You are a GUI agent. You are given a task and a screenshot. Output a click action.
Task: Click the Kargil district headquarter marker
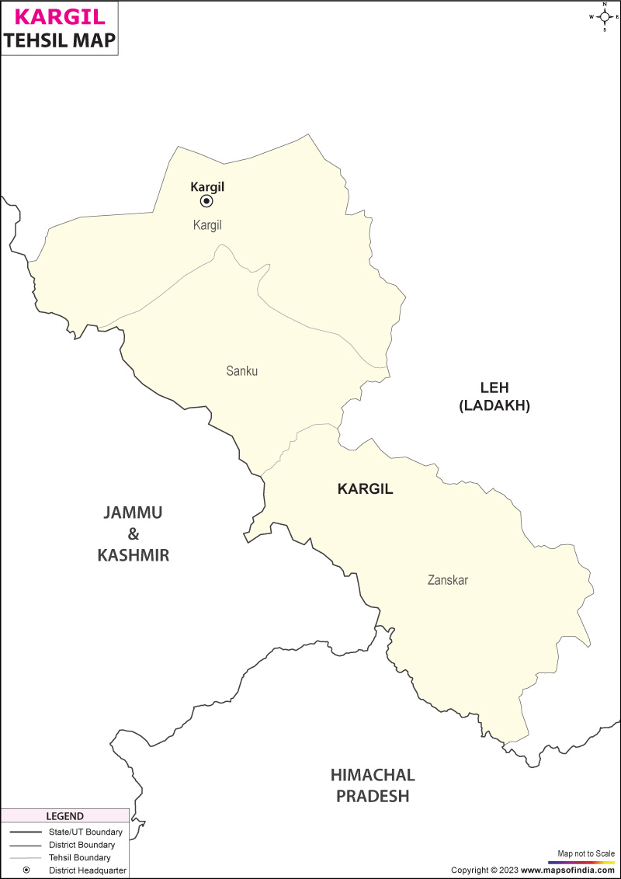pyautogui.click(x=206, y=201)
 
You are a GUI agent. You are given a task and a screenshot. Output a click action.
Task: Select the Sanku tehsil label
pyautogui.click(x=241, y=371)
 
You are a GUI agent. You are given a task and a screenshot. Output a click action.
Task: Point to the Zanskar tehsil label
pyautogui.click(x=448, y=580)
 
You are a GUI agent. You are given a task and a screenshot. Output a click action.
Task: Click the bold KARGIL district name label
pyautogui.click(x=366, y=489)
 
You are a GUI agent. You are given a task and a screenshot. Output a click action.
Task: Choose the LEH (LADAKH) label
pyautogui.click(x=494, y=396)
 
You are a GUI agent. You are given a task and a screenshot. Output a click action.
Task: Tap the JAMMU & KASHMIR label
pyautogui.click(x=133, y=533)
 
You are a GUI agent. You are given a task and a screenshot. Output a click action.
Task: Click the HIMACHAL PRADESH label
pyautogui.click(x=373, y=785)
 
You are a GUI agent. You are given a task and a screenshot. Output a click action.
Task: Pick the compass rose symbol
pyautogui.click(x=604, y=16)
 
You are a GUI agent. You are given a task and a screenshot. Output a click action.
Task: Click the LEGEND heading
pyautogui.click(x=64, y=816)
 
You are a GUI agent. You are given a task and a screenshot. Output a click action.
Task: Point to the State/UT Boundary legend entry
pyautogui.click(x=85, y=832)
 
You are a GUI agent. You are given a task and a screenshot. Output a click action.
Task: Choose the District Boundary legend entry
pyautogui.click(x=82, y=844)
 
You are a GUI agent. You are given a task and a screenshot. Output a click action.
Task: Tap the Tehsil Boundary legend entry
pyautogui.click(x=79, y=857)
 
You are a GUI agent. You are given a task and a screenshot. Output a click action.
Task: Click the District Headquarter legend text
pyautogui.click(x=87, y=870)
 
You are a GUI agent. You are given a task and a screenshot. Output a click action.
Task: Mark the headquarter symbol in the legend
pyautogui.click(x=26, y=870)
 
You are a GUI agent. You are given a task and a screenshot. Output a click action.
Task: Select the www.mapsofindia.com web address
pyautogui.click(x=567, y=870)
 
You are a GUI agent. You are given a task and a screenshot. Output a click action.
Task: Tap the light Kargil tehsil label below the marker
pyautogui.click(x=207, y=225)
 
